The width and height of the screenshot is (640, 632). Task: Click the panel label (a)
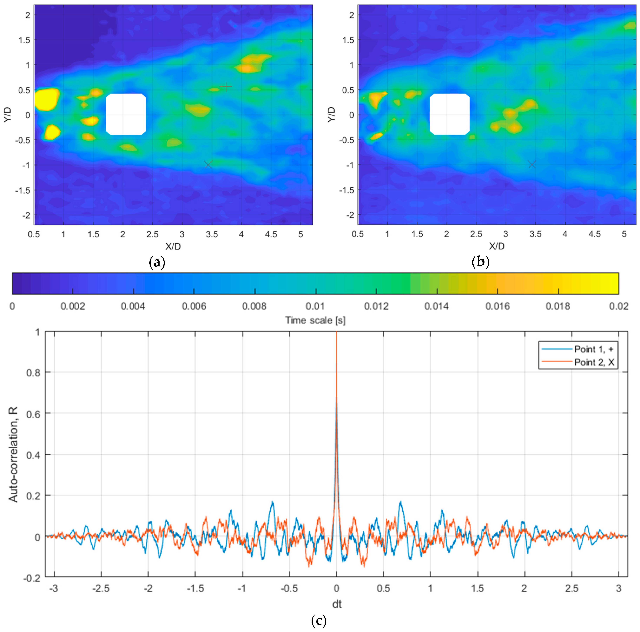[157, 262]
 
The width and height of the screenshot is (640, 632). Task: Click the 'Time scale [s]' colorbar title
[315, 320]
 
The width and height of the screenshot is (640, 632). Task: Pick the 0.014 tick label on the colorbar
[437, 306]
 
